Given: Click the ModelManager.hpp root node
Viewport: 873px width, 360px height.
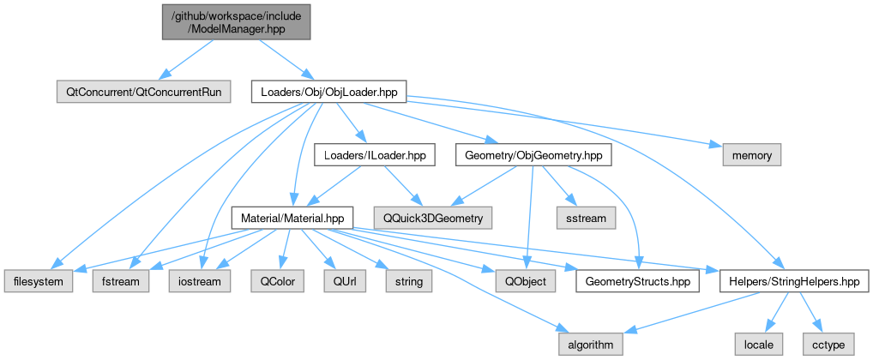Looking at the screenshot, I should coord(235,20).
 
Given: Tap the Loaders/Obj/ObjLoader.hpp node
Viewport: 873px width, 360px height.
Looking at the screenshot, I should coord(328,91).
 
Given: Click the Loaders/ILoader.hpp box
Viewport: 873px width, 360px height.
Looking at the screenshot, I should coord(374,155).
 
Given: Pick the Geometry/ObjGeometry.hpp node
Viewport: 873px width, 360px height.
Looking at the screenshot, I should coord(533,155).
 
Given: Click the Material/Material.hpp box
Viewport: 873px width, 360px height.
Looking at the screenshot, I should coord(292,218).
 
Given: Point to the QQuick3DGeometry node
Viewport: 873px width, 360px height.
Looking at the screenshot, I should coord(433,218).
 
